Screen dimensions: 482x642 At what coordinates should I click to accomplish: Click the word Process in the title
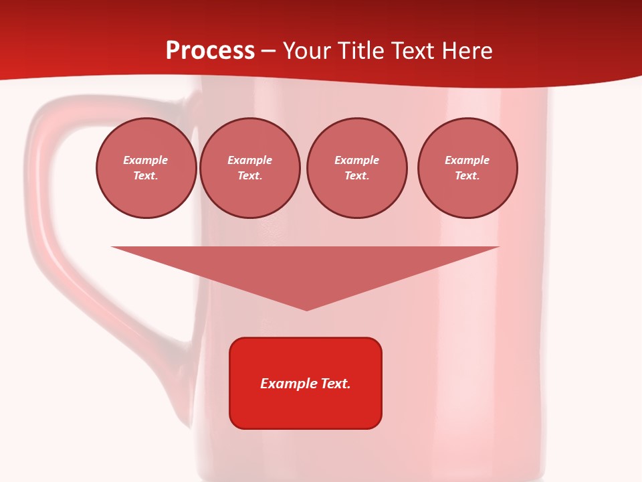pos(210,51)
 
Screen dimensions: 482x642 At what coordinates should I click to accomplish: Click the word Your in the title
pos(308,51)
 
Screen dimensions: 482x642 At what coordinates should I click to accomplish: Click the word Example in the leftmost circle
pos(146,160)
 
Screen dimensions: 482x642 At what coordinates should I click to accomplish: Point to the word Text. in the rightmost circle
pos(467,175)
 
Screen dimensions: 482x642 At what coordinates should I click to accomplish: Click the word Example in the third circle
pos(356,160)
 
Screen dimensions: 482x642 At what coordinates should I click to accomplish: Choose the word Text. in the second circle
pos(250,175)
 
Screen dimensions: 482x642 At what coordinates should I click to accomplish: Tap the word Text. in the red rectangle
pos(336,384)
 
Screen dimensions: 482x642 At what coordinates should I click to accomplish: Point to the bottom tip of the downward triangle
pos(307,309)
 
